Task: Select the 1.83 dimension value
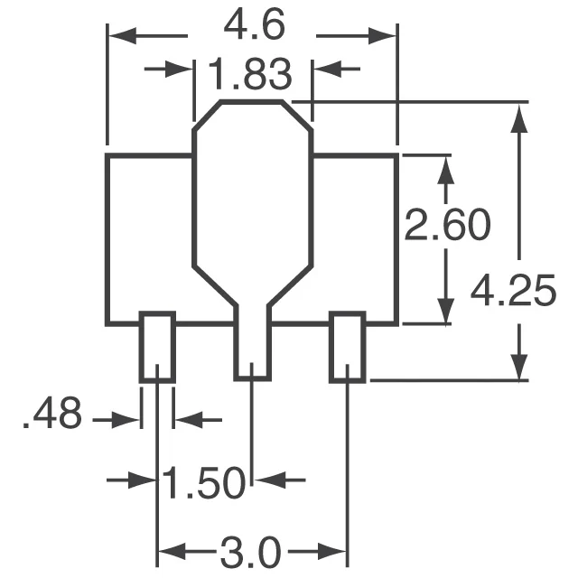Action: tap(253, 72)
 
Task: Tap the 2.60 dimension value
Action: tap(447, 227)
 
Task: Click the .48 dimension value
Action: tap(51, 417)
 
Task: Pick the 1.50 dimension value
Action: tap(204, 482)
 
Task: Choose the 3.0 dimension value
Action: tap(253, 549)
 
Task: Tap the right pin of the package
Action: tap(347, 347)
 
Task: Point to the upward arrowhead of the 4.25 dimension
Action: tap(519, 117)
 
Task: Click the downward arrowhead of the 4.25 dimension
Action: tap(519, 368)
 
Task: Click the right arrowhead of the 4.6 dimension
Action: tap(385, 35)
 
